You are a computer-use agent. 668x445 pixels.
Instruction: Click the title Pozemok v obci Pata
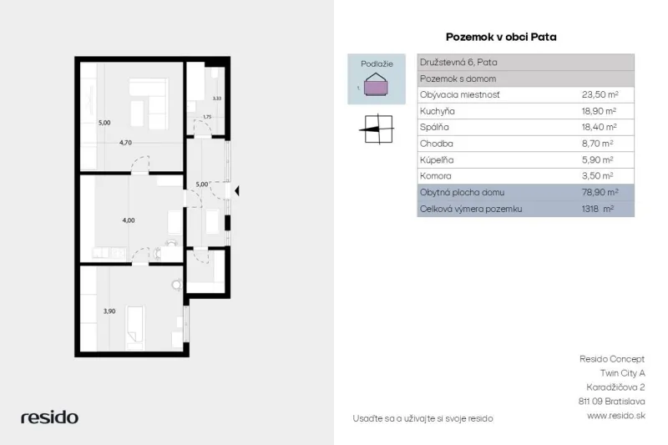click(501, 37)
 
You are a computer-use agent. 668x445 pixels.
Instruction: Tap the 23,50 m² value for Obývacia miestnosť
click(600, 94)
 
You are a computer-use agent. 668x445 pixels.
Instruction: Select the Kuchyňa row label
click(437, 111)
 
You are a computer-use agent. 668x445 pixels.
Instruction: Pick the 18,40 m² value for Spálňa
click(600, 127)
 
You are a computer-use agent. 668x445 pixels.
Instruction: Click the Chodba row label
click(436, 144)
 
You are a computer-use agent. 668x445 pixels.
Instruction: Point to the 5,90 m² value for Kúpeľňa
click(597, 159)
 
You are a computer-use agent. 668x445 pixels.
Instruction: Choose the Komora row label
click(435, 176)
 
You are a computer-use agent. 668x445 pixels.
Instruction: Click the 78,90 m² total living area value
click(600, 192)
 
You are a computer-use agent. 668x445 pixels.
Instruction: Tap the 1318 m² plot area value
click(597, 209)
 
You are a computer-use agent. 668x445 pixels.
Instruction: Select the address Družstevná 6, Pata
click(458, 62)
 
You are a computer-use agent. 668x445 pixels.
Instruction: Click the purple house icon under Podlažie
click(376, 84)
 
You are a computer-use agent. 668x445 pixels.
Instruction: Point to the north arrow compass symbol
click(377, 129)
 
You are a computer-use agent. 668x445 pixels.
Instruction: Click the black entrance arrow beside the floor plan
click(237, 191)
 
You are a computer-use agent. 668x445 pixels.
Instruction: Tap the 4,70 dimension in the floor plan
click(125, 143)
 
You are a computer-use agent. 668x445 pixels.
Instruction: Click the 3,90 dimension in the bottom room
click(109, 311)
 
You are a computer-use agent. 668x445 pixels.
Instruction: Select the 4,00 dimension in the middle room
click(129, 220)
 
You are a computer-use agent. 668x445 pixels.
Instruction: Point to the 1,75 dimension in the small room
click(207, 117)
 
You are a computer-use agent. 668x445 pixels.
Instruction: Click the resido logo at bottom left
click(49, 417)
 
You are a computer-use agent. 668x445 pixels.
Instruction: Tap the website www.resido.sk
click(615, 416)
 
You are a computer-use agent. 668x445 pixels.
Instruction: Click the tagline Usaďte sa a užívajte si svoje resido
click(423, 418)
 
